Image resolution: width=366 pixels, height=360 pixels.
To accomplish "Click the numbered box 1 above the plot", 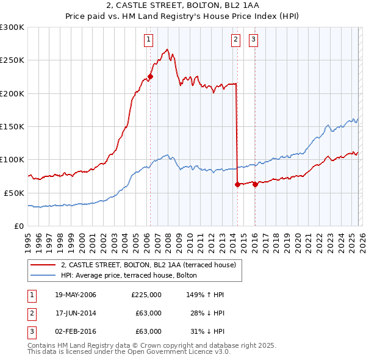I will point(148,40).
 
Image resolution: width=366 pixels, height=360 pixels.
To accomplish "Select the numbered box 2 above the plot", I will point(235,40).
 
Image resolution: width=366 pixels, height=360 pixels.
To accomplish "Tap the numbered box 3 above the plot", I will point(253,40).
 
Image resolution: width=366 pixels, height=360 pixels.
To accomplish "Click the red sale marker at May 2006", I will point(150,77).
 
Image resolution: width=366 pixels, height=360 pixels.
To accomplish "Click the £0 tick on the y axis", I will point(20,226).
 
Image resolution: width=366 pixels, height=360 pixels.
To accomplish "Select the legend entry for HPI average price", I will point(129,275).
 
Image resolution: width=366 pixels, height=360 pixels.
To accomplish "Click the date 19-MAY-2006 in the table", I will point(76,295).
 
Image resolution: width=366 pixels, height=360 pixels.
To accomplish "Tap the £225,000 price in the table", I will point(146,295).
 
